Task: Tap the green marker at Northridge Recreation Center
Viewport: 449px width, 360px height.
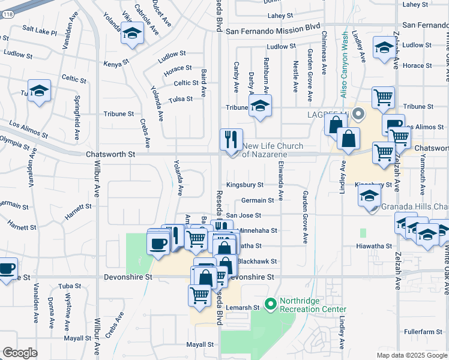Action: [270, 304]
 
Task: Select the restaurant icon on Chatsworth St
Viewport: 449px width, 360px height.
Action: [231, 140]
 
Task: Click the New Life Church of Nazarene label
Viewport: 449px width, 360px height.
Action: [273, 150]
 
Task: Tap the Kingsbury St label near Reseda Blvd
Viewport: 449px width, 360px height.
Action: [245, 185]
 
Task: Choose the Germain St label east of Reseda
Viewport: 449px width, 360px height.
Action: [258, 200]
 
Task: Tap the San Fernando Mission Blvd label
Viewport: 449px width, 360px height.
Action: [273, 28]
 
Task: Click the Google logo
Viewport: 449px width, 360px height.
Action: [20, 353]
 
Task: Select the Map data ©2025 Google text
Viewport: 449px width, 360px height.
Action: [412, 355]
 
